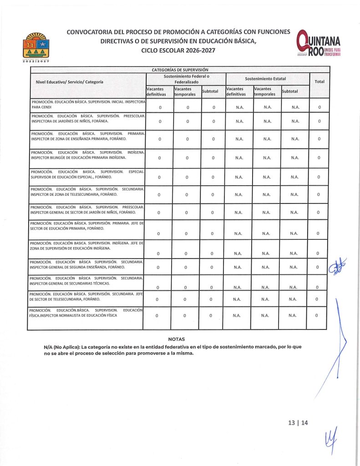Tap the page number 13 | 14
pyautogui.click(x=298, y=423)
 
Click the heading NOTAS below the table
pyautogui.click(x=176, y=339)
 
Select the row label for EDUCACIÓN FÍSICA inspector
pyautogui.click(x=86, y=313)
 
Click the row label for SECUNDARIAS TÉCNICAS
pyautogui.click(x=86, y=280)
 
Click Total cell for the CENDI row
pyautogui.click(x=320, y=107)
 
